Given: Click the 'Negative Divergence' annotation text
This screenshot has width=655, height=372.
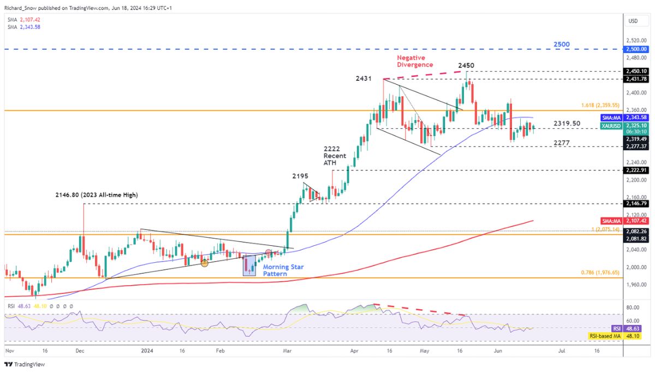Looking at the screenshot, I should click(415, 61).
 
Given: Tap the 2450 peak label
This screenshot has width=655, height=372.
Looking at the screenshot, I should click(466, 65).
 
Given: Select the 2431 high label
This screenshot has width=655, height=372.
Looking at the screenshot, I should click(363, 79).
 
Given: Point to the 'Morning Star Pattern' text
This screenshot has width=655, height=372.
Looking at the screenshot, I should click(284, 270).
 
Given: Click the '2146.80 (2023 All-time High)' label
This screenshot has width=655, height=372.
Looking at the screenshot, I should click(96, 194).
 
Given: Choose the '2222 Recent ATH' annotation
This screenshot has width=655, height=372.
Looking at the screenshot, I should click(334, 156).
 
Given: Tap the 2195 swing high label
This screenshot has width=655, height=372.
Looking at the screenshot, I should click(300, 176).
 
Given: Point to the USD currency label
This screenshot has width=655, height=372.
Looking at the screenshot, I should click(633, 21).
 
